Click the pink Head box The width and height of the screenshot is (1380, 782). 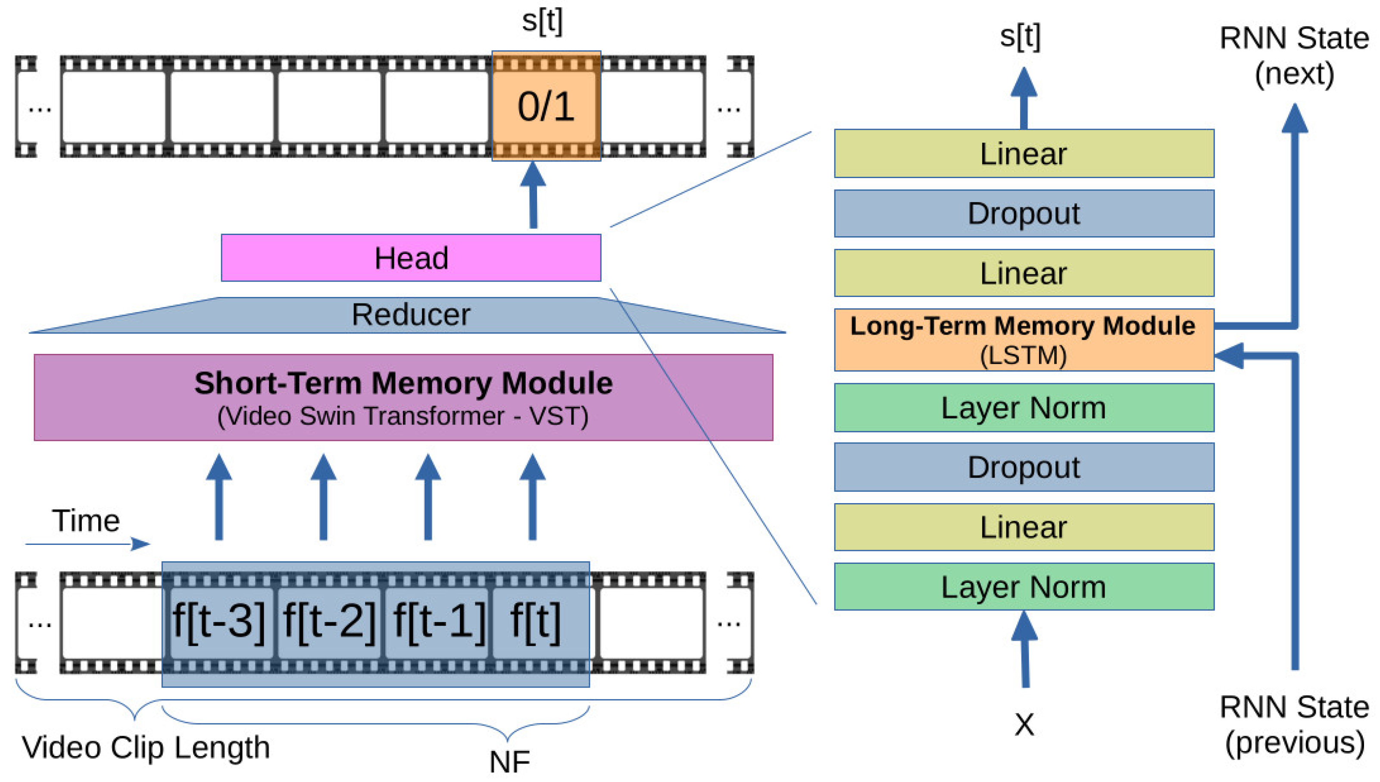(411, 257)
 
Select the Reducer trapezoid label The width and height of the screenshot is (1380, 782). (411, 314)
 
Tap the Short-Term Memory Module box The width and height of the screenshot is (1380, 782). (403, 397)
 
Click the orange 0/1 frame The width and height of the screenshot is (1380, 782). (546, 106)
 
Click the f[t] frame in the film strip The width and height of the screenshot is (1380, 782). (537, 622)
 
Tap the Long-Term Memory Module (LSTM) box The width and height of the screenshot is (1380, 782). (1024, 339)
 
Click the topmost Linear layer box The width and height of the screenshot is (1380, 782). (1024, 153)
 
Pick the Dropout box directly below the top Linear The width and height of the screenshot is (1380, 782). (1024, 213)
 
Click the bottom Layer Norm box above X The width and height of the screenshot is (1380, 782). (1024, 586)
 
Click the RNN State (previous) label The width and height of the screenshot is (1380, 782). (1295, 725)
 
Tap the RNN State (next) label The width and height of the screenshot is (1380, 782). (1295, 56)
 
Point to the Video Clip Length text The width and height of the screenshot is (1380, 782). (146, 747)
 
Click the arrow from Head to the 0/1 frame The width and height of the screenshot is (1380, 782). (533, 194)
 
